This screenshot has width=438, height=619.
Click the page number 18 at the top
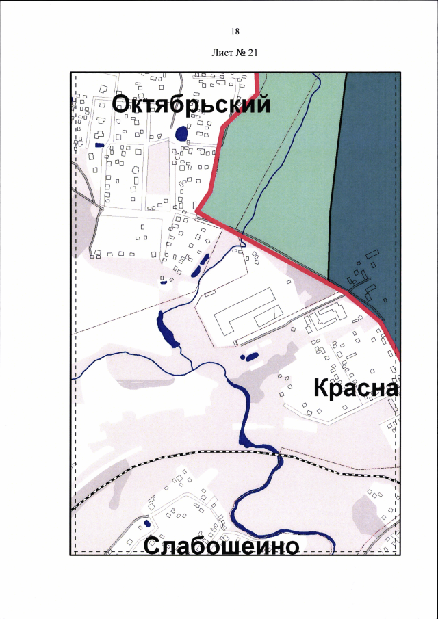click(x=235, y=31)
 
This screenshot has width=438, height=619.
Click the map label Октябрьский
click(x=192, y=105)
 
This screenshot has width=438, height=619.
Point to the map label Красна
click(x=355, y=388)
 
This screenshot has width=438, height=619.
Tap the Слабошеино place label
click(x=222, y=546)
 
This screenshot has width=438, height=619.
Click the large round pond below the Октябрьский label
click(x=181, y=133)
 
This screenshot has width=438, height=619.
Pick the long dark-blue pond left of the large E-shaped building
click(x=166, y=330)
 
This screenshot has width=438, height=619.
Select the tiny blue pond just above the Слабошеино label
click(x=147, y=523)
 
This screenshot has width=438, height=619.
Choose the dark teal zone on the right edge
click(x=373, y=171)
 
